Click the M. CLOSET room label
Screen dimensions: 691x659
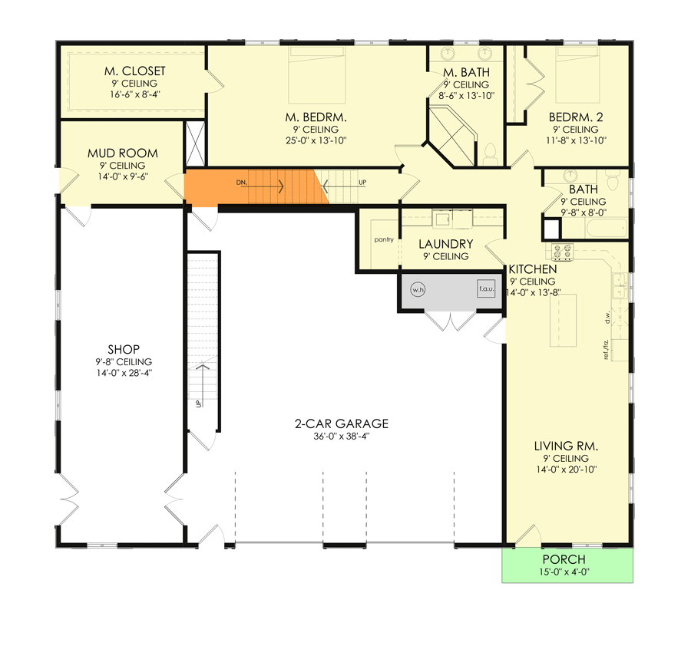pyautogui.click(x=135, y=71)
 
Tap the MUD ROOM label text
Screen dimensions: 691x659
pyautogui.click(x=123, y=153)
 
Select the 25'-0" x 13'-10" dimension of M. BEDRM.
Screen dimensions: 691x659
pyautogui.click(x=316, y=141)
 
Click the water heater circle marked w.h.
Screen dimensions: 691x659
pyautogui.click(x=418, y=289)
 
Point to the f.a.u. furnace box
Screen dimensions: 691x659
pyautogui.click(x=486, y=288)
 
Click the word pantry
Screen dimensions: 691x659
pyautogui.click(x=384, y=239)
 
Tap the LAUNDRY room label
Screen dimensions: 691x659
pyautogui.click(x=446, y=244)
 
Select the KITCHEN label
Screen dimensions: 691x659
pyautogui.click(x=533, y=269)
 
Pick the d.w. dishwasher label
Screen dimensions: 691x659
pyautogui.click(x=607, y=317)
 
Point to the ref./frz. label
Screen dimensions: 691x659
pyautogui.click(x=607, y=350)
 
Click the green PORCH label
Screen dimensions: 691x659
pyautogui.click(x=564, y=559)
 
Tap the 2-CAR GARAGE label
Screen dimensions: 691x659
pyautogui.click(x=342, y=423)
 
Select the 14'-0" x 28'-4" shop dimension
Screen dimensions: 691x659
pyautogui.click(x=124, y=373)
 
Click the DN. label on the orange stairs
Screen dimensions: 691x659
pyautogui.click(x=242, y=183)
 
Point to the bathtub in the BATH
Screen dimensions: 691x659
pyautogui.click(x=607, y=229)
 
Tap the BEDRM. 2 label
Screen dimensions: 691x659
pyautogui.click(x=576, y=117)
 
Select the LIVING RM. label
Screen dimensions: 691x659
pyautogui.click(x=567, y=446)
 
